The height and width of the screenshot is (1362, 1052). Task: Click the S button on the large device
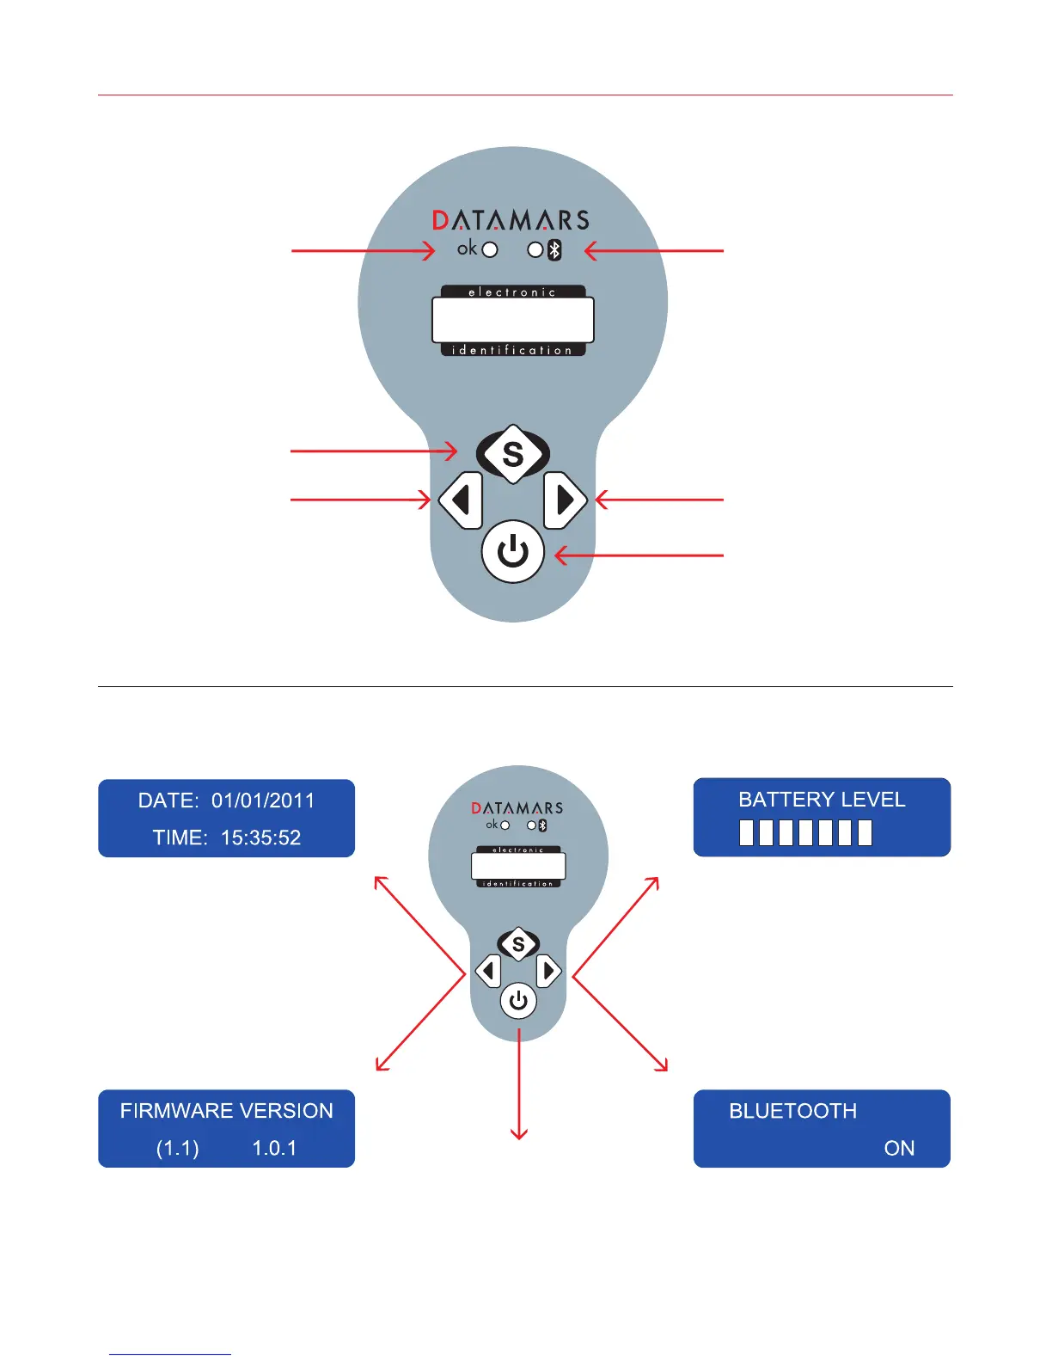tap(513, 453)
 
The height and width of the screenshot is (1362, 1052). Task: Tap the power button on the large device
tap(513, 551)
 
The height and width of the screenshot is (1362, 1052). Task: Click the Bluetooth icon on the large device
tap(554, 250)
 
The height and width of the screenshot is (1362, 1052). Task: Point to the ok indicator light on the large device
tap(490, 250)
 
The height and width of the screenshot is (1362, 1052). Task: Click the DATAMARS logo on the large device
tap(511, 221)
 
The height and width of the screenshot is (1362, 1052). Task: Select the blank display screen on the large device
tap(513, 320)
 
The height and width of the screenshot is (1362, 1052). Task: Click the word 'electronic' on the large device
tap(512, 292)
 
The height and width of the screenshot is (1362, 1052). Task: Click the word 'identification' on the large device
tap(512, 350)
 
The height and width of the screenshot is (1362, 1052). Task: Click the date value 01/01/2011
tap(263, 801)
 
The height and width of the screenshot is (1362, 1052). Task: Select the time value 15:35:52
tap(260, 837)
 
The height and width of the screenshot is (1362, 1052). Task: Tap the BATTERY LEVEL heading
tap(822, 800)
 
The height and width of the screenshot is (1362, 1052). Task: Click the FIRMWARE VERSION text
tap(226, 1111)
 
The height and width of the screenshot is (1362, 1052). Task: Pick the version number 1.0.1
tap(274, 1148)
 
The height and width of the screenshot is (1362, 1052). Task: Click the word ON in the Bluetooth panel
tap(899, 1148)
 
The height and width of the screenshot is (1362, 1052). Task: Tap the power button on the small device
tap(518, 1001)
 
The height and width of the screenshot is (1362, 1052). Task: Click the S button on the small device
tap(518, 944)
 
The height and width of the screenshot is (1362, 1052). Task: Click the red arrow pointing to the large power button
tap(639, 555)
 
